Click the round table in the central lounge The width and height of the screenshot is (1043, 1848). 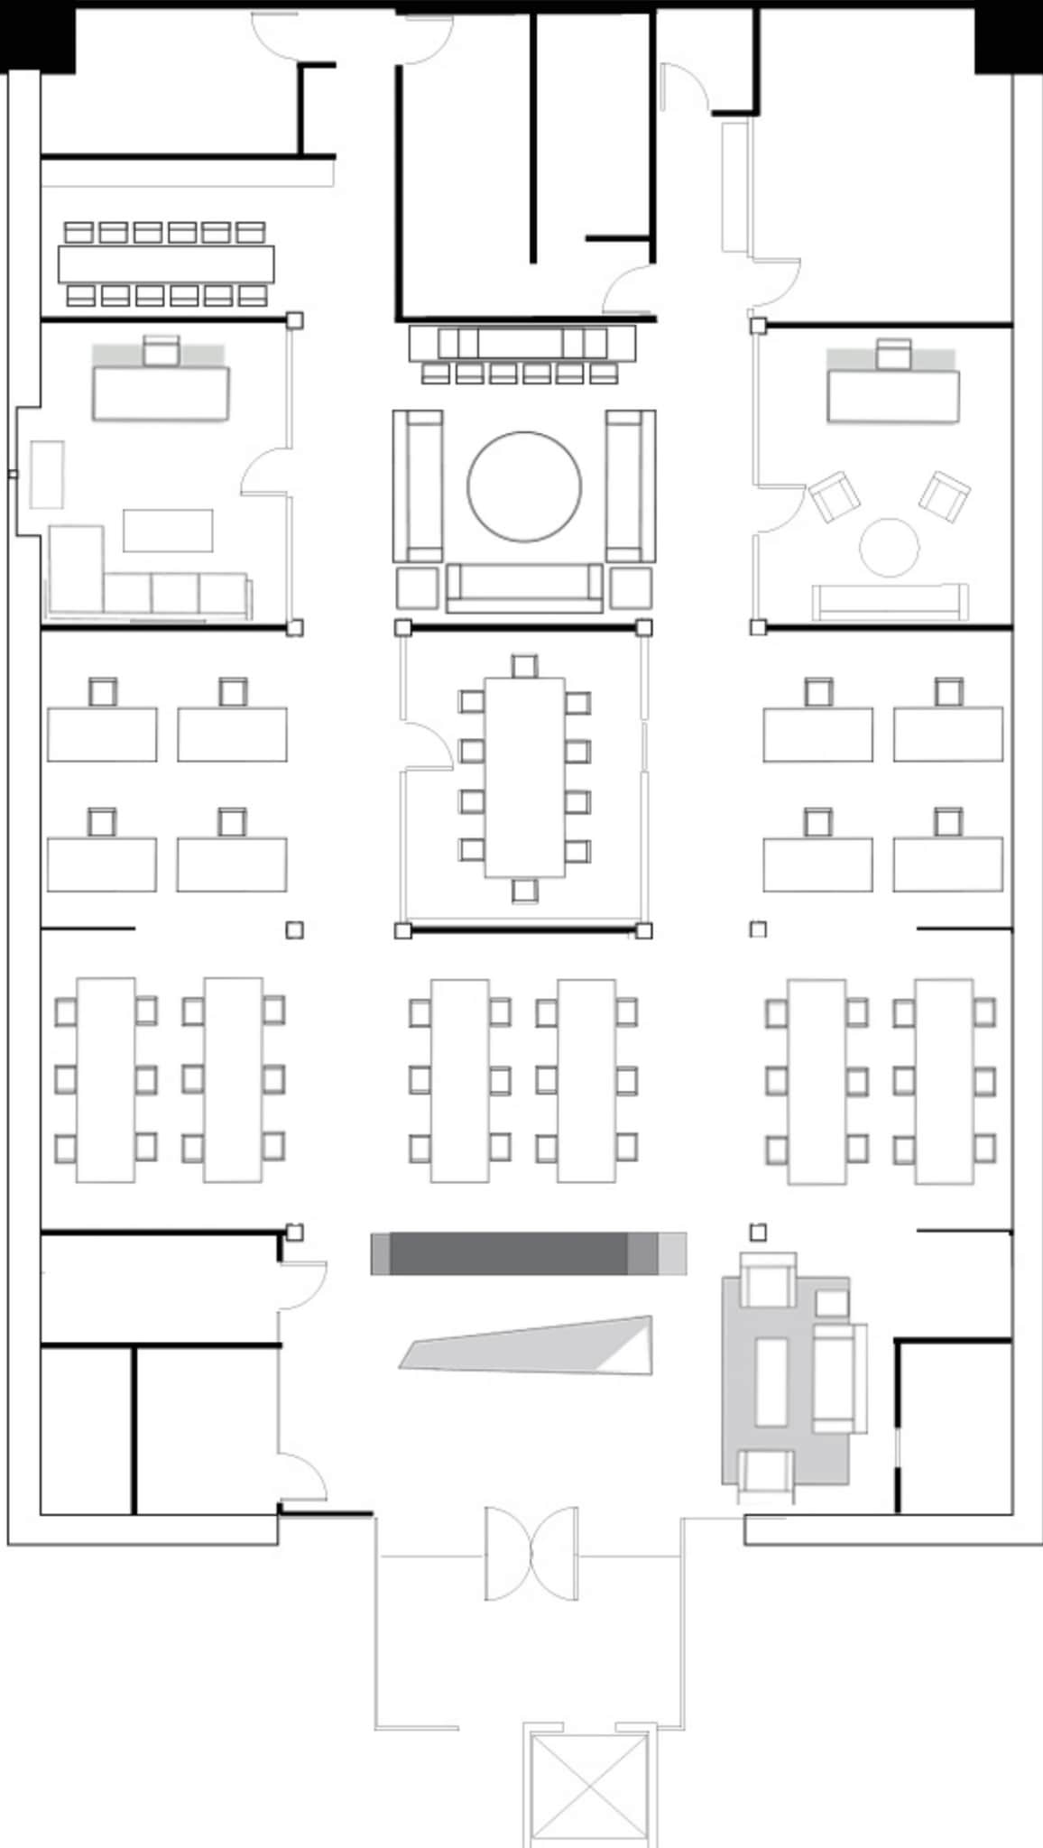(x=523, y=486)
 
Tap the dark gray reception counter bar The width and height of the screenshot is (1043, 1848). (x=508, y=1253)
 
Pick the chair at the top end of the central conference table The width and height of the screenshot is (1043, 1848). (x=524, y=667)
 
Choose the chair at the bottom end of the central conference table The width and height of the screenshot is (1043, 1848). (x=524, y=891)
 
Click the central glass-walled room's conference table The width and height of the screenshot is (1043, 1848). (x=524, y=777)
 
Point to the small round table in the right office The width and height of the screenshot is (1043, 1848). (x=889, y=547)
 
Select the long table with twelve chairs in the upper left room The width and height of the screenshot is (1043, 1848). (x=166, y=263)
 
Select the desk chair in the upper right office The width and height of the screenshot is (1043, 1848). (x=893, y=353)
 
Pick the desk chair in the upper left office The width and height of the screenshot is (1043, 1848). (x=162, y=350)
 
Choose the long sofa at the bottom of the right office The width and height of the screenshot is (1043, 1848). (x=890, y=602)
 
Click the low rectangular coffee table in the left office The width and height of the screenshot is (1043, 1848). (x=168, y=531)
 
